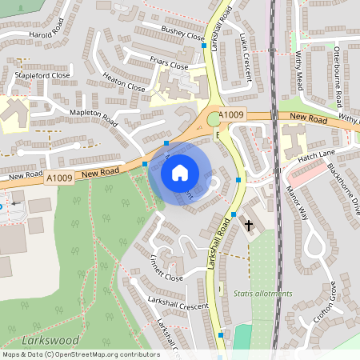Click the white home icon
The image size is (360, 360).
180,172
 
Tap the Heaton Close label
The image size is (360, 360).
124,82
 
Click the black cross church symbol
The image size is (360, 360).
248,226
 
